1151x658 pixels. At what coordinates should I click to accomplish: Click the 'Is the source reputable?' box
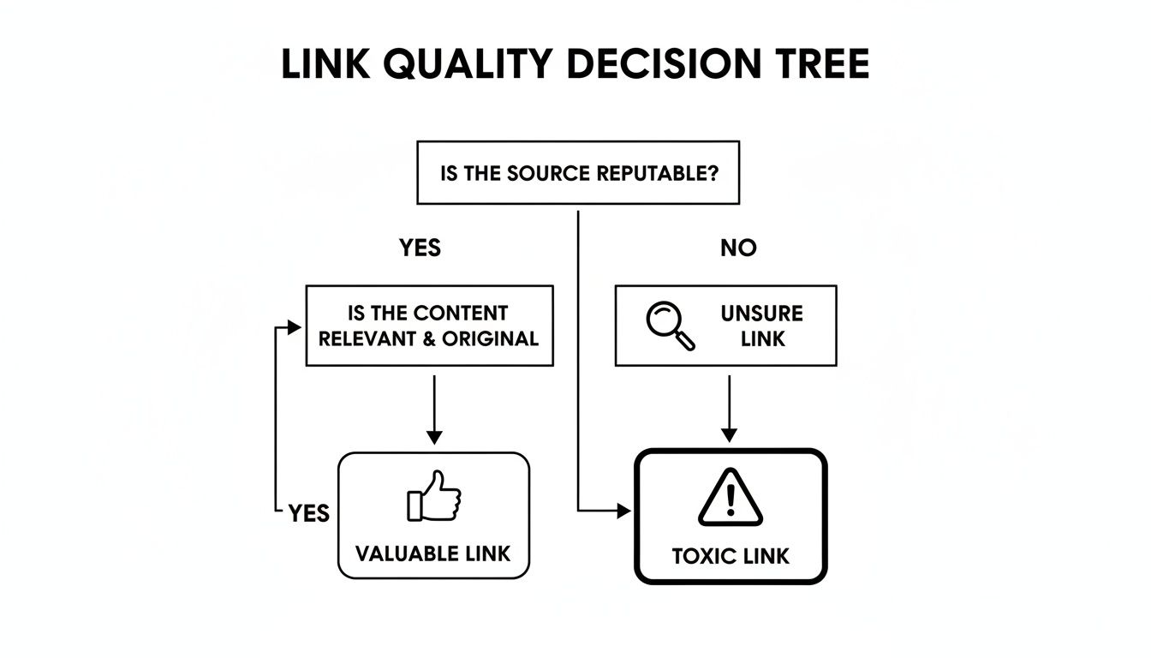(x=578, y=173)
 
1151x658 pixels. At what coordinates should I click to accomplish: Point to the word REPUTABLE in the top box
(x=657, y=173)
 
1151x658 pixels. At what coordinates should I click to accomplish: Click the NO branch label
(x=738, y=248)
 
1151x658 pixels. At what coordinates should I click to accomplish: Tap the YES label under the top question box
(x=420, y=248)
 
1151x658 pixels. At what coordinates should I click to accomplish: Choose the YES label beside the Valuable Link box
(x=309, y=513)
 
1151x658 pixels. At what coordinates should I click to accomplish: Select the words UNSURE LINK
(x=762, y=326)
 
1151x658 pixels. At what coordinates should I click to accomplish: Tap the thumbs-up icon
(x=434, y=496)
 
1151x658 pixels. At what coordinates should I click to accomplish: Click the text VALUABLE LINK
(x=433, y=553)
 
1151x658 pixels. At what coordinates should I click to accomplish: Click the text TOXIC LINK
(x=731, y=556)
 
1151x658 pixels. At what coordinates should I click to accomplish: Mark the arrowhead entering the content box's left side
(x=295, y=327)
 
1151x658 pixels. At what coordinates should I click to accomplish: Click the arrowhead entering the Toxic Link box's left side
(x=624, y=511)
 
